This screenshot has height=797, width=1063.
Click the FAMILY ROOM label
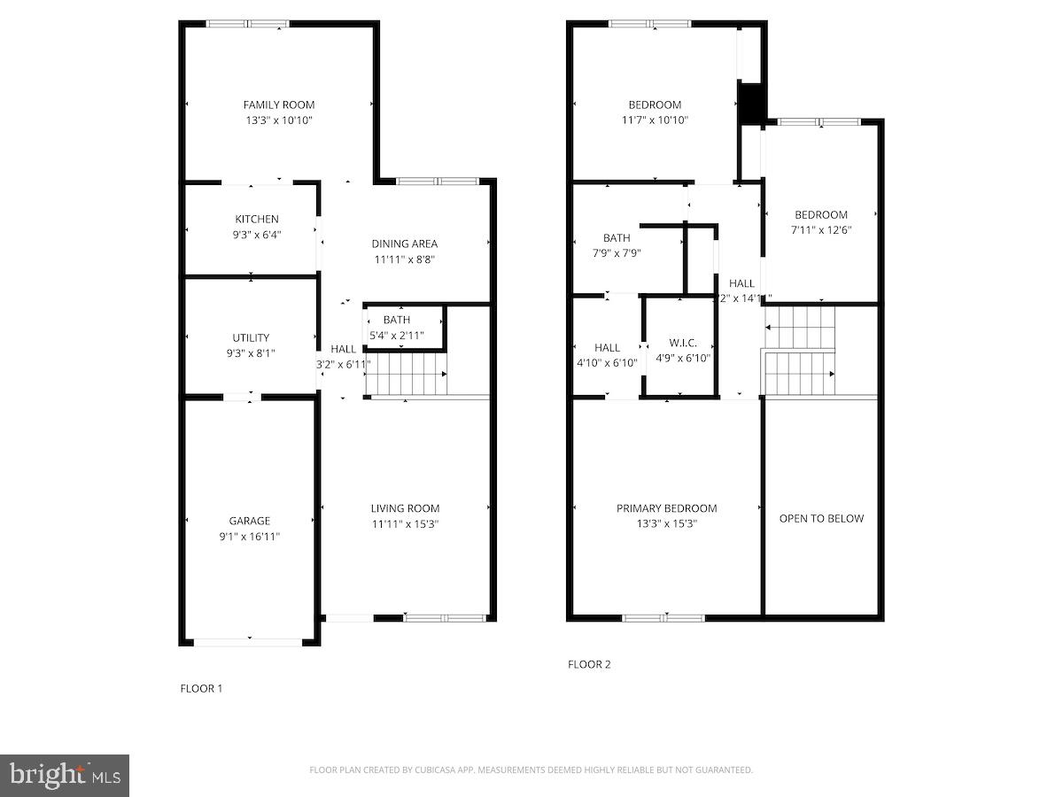(x=279, y=104)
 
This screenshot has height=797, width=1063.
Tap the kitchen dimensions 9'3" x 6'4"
(x=257, y=235)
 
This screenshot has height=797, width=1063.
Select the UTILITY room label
(x=251, y=337)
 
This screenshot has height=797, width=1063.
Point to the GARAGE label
(x=249, y=521)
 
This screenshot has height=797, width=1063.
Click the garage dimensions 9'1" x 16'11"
(x=249, y=536)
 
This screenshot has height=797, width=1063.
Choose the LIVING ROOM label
(x=405, y=508)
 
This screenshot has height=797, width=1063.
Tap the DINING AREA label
(x=404, y=244)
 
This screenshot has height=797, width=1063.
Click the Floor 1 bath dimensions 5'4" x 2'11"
(x=397, y=336)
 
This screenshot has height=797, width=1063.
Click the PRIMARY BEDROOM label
(x=666, y=508)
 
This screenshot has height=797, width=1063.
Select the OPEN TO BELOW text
(x=821, y=518)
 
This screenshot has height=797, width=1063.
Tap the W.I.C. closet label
(x=683, y=342)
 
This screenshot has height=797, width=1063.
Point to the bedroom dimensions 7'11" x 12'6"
(x=821, y=229)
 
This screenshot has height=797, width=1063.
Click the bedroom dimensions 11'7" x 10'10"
(x=655, y=120)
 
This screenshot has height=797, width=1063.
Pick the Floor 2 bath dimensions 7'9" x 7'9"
(x=617, y=252)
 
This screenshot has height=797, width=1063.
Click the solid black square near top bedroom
(x=750, y=103)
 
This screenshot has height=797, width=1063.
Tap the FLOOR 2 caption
(x=589, y=664)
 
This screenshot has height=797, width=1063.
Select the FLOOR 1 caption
(x=201, y=688)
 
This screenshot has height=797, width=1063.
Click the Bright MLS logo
(x=65, y=776)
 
